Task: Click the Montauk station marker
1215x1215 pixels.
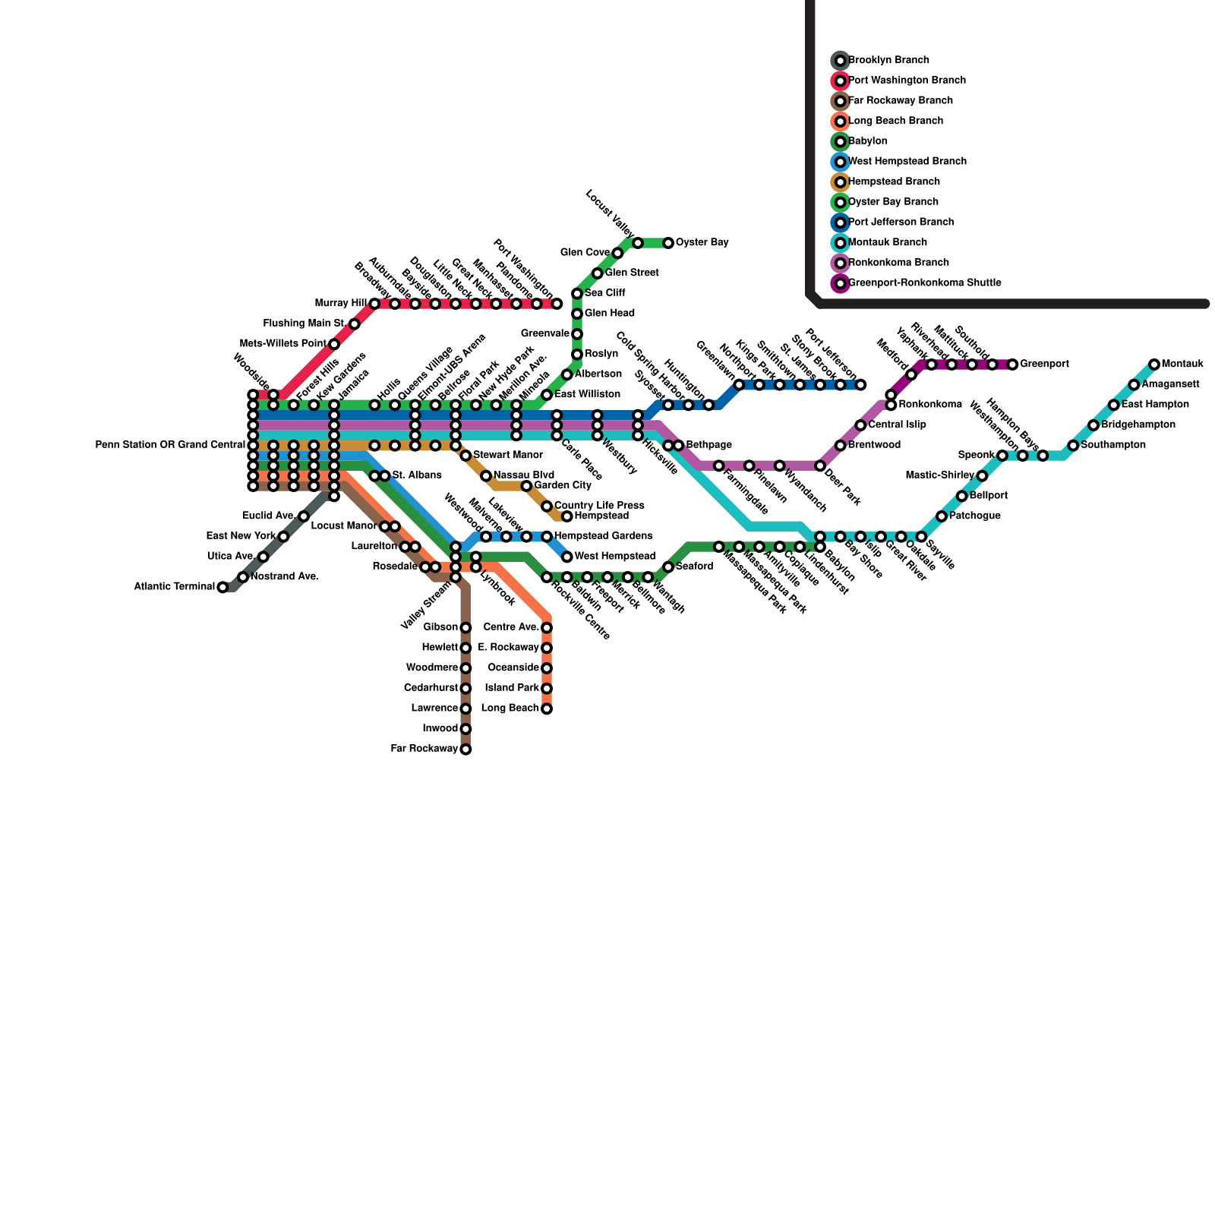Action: click(x=1154, y=364)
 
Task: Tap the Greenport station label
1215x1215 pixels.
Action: click(x=1044, y=364)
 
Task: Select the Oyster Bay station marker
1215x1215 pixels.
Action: click(x=668, y=243)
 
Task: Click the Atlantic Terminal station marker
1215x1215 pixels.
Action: click(x=222, y=587)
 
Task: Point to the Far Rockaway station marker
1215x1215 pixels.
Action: click(x=465, y=750)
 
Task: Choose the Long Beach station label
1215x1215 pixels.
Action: click(x=510, y=708)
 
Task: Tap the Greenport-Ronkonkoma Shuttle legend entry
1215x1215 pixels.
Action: click(x=924, y=283)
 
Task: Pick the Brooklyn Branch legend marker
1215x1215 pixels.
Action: click(x=840, y=60)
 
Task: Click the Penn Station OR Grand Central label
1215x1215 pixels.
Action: click(x=170, y=445)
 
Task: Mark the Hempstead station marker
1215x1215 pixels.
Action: click(x=566, y=516)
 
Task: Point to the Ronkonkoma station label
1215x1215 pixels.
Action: click(x=930, y=405)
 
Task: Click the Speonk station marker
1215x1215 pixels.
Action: click(x=1002, y=456)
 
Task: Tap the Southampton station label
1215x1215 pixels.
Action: click(x=1112, y=445)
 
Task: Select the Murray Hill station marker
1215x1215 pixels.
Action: click(x=374, y=304)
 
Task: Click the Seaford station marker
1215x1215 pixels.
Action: click(x=668, y=567)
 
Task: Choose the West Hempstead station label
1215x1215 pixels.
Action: click(x=614, y=557)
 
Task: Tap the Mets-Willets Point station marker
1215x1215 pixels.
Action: click(x=334, y=344)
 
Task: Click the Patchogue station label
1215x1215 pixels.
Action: click(x=974, y=516)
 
